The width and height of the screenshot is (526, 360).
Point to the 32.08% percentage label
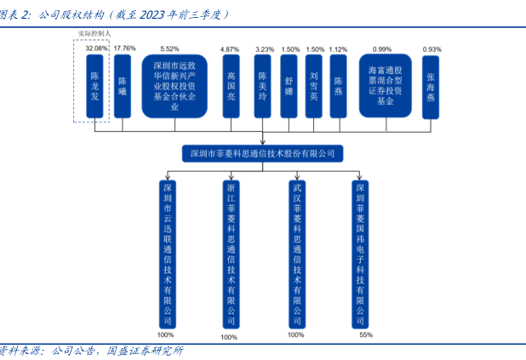[x=96, y=49]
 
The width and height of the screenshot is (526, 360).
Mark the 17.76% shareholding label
[x=124, y=49]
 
